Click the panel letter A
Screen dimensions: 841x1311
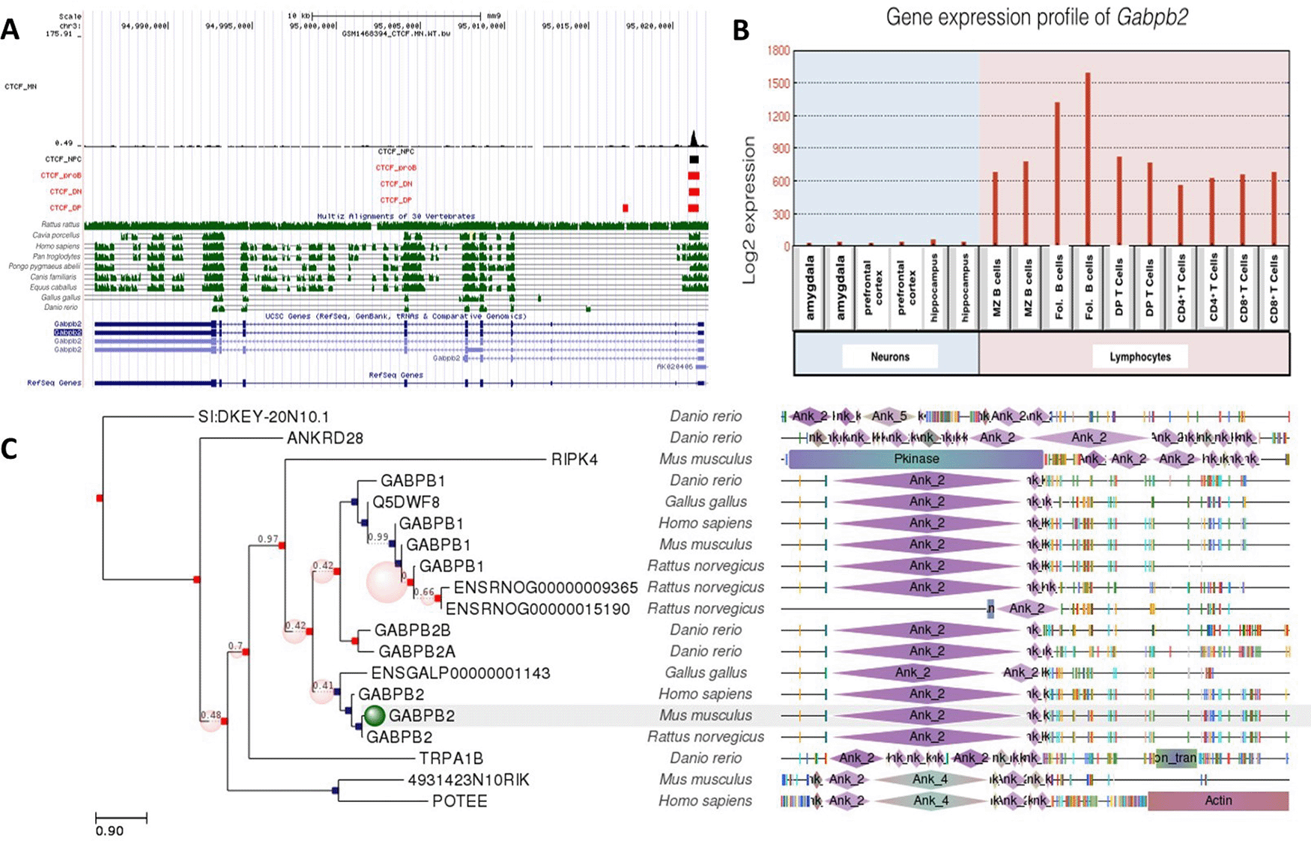point(10,30)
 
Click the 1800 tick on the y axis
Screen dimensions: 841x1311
point(778,50)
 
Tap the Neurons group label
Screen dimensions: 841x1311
point(889,356)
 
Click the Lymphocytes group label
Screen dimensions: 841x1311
point(1139,356)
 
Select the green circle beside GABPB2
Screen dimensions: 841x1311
point(375,716)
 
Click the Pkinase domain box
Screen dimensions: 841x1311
point(915,459)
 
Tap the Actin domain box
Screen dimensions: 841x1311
point(1218,801)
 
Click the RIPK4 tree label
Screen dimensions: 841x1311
point(574,460)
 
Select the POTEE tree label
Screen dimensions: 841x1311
point(459,801)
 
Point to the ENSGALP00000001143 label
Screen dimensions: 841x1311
point(460,673)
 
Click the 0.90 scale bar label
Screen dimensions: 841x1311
point(109,831)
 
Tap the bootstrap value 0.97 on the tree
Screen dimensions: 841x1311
point(267,538)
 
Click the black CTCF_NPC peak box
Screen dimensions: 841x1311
point(694,160)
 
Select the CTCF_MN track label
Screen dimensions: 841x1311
point(20,87)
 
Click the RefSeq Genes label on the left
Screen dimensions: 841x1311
point(54,383)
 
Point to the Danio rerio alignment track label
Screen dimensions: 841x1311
point(61,307)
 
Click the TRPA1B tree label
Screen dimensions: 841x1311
point(450,759)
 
